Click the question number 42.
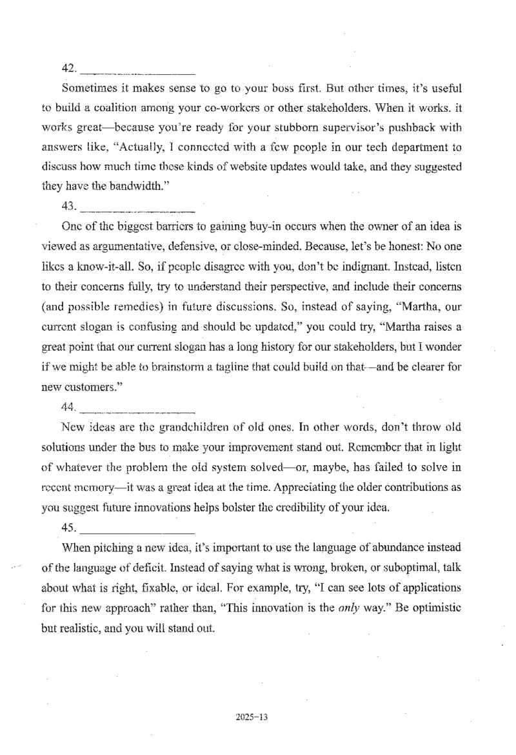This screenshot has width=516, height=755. (x=70, y=67)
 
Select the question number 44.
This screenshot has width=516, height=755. (x=69, y=408)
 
